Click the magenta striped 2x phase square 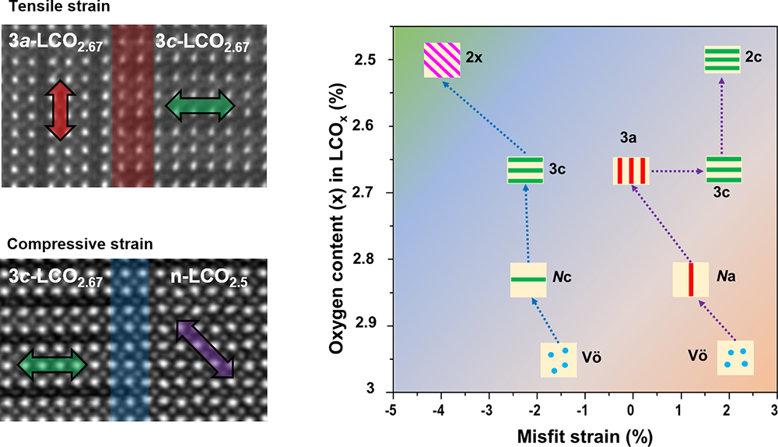click(x=441, y=60)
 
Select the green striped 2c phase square click(x=722, y=59)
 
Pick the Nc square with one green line click(x=528, y=280)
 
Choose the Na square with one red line click(x=690, y=280)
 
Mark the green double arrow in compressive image click(x=52, y=364)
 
